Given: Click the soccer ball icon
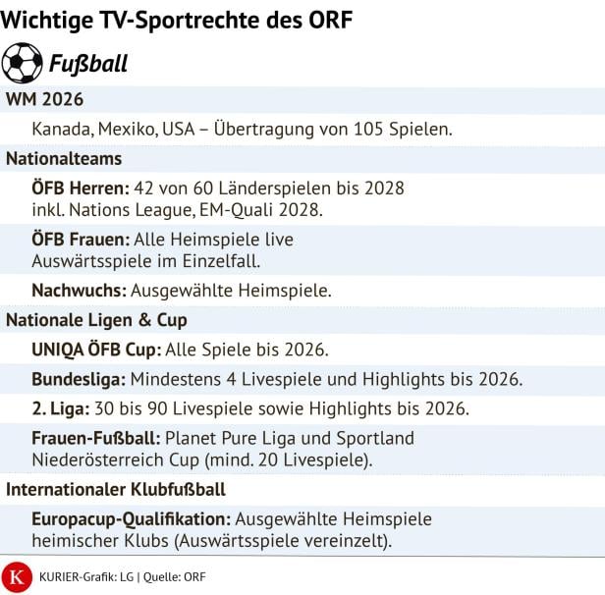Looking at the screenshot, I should click(x=23, y=63).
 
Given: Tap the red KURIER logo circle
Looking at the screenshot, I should click(x=17, y=576).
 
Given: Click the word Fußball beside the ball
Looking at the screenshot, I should click(x=88, y=65).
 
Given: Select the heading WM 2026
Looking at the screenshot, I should click(x=44, y=101).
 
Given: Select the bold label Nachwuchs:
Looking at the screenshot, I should click(x=77, y=291).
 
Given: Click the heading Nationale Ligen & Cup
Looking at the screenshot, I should click(x=96, y=320).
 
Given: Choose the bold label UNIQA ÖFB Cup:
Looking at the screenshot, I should click(x=96, y=350).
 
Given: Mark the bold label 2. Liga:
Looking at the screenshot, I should click(x=61, y=408).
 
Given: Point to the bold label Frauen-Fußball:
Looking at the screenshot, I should click(x=97, y=438).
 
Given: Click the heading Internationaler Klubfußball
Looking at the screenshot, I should click(x=116, y=489).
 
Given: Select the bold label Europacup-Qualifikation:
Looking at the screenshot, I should click(x=131, y=518).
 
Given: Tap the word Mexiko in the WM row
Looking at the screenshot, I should click(x=131, y=130).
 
